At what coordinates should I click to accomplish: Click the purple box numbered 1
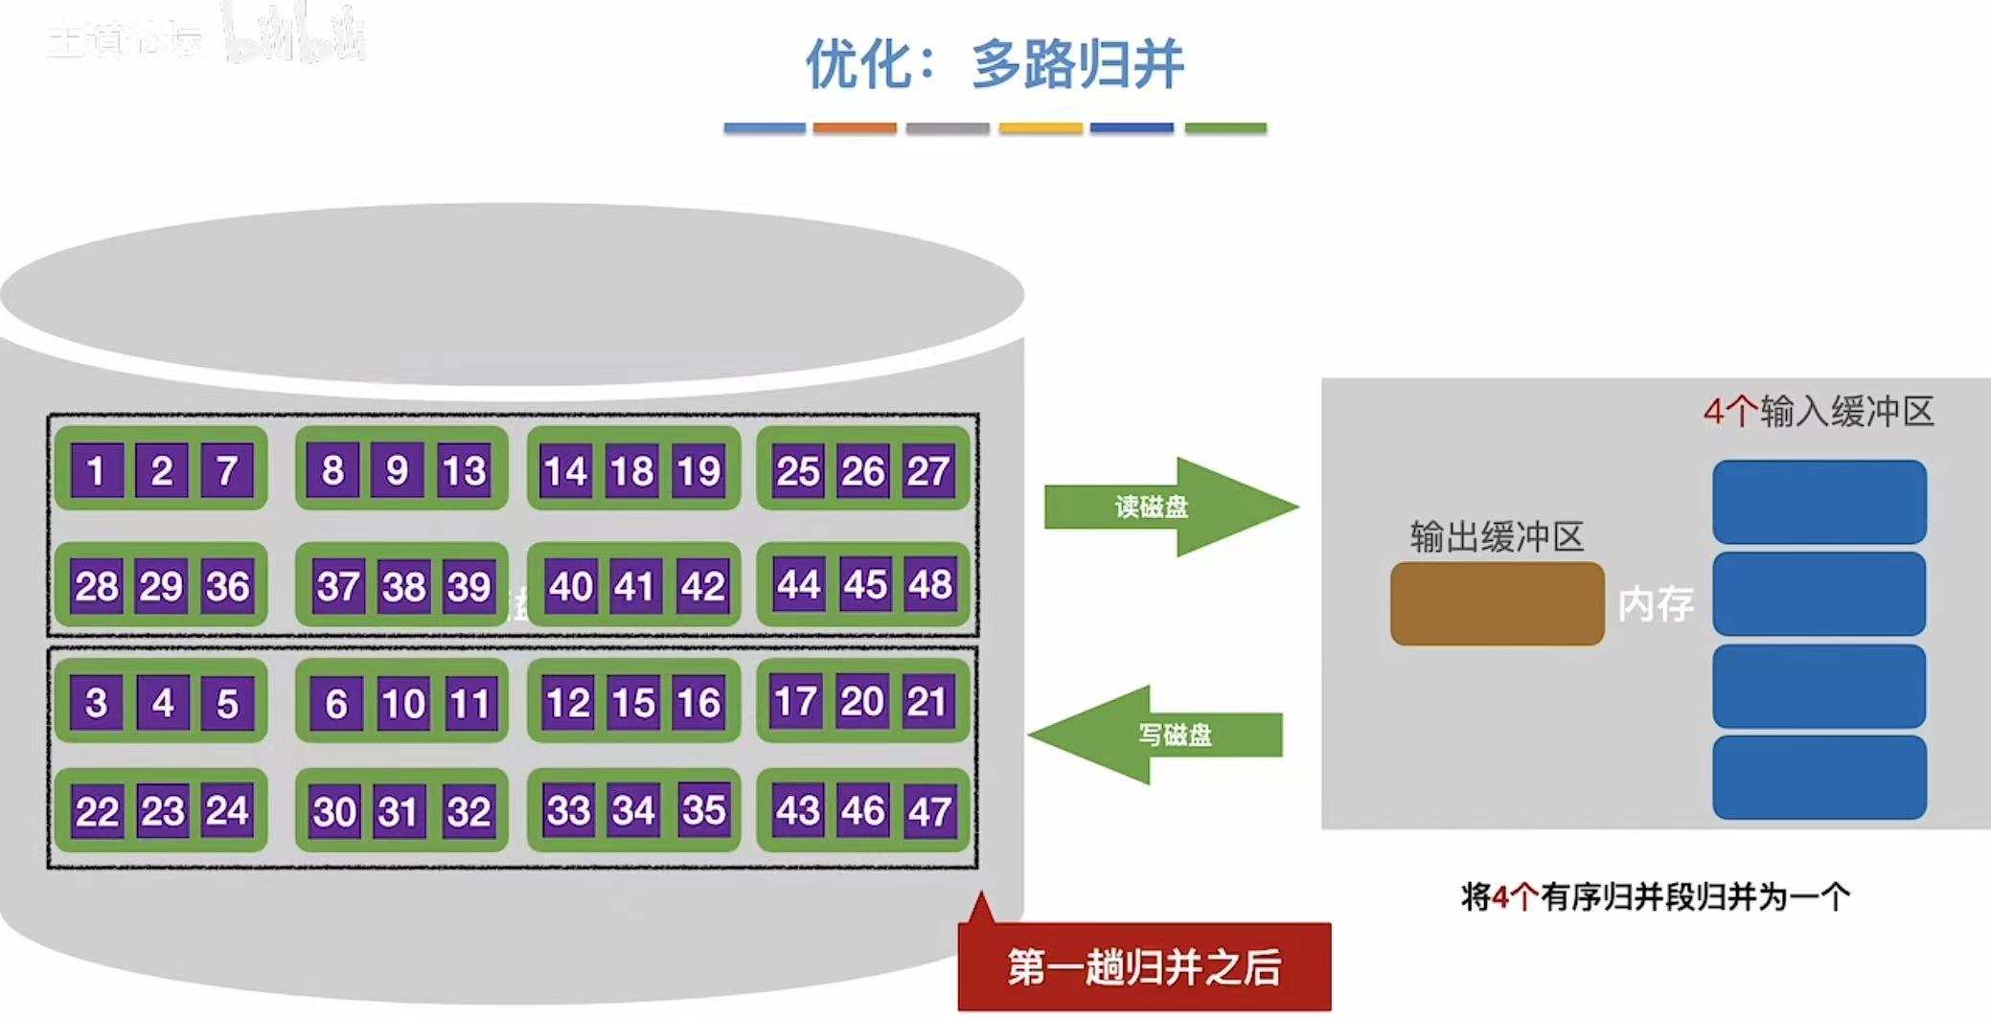pos(97,470)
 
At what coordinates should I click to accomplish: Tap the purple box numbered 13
pos(464,470)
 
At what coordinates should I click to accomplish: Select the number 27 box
pos(927,470)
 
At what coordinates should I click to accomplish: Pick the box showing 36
pos(227,585)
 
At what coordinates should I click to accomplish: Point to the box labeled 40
pos(570,585)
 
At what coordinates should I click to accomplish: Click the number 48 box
pos(929,584)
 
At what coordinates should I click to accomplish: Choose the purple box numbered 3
pos(97,703)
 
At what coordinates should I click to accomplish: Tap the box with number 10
pos(402,704)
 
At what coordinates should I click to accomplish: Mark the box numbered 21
pos(927,702)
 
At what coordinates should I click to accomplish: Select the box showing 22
pos(97,811)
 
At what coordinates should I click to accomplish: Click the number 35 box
pos(703,810)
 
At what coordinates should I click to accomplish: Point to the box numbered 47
pos(929,811)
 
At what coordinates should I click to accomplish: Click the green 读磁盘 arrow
pos(1169,507)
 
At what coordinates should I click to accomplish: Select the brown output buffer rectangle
pos(1497,603)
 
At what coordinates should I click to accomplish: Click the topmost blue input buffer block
pos(1819,502)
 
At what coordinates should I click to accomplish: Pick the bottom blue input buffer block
pos(1819,777)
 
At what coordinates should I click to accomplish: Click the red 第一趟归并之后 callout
pos(1144,966)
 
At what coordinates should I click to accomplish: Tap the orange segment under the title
pos(854,127)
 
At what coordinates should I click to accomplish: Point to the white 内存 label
pos(1655,604)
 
